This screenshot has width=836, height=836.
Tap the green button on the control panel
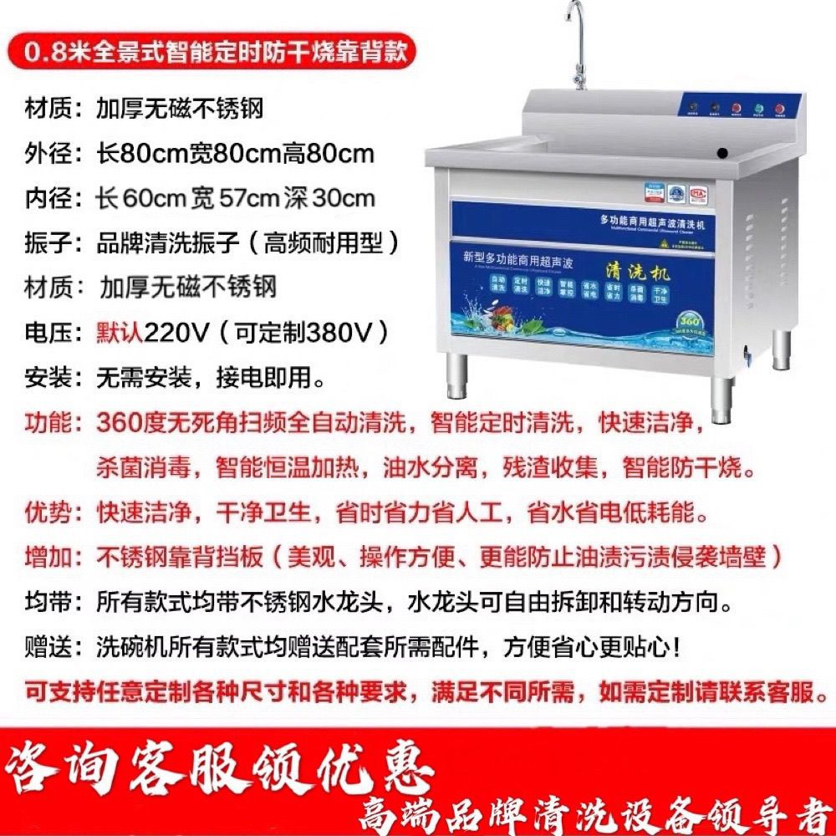(757, 108)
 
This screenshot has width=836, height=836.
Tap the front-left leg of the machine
(457, 375)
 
